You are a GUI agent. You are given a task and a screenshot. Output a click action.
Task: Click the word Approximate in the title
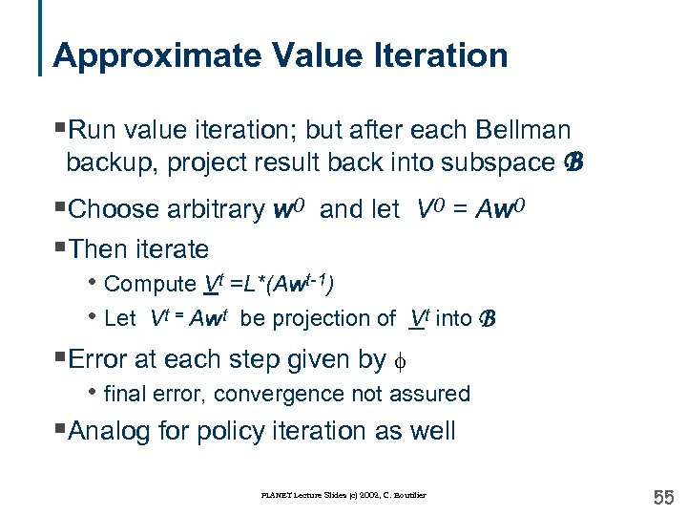(x=137, y=55)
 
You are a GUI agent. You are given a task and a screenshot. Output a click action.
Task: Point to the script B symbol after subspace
(x=572, y=162)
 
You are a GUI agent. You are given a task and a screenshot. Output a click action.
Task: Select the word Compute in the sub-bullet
(x=150, y=284)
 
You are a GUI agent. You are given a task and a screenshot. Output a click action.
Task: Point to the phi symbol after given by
(x=398, y=360)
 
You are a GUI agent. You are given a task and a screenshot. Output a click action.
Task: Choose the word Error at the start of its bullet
(x=101, y=359)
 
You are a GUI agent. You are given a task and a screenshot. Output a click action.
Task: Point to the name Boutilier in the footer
(x=407, y=495)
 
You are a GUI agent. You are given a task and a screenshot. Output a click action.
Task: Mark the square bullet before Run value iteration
(x=60, y=129)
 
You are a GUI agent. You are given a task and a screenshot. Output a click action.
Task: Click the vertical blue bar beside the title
(x=41, y=38)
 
